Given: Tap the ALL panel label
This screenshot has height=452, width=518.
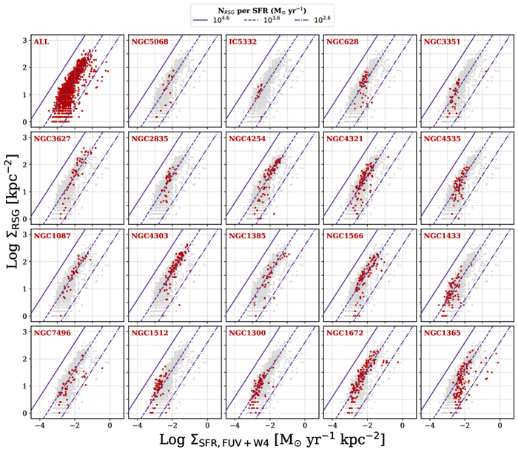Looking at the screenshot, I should point(41,41).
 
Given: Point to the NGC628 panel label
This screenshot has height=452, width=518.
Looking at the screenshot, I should point(341,41).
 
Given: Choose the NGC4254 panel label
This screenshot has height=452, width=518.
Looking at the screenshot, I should point(246,138).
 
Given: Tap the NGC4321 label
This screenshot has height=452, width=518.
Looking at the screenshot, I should point(344,138).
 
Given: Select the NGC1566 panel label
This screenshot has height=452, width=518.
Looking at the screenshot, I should point(344,236).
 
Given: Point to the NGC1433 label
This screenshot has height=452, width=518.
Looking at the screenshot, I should point(441,236).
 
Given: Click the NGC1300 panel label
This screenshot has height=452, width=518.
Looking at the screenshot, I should point(246,333).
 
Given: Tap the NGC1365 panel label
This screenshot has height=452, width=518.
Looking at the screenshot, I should point(441,333).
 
